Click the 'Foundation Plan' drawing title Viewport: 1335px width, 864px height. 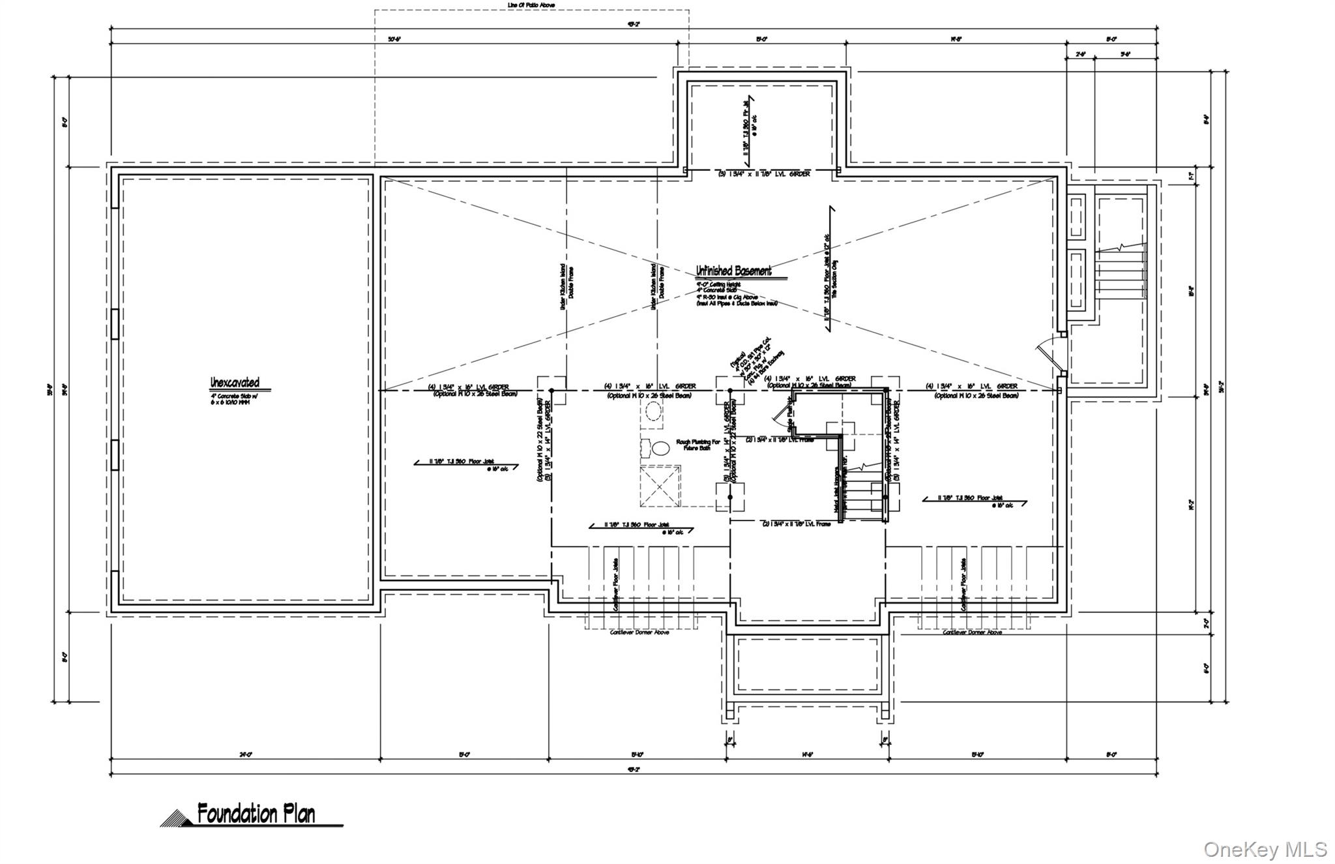pos(256,814)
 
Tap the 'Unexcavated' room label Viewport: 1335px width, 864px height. pos(235,383)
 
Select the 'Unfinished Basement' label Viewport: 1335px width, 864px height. pos(733,271)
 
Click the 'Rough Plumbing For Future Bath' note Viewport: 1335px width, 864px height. pos(697,445)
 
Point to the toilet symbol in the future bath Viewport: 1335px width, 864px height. pos(658,449)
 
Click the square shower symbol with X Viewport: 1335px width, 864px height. pos(660,485)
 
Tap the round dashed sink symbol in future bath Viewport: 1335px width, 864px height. pos(653,411)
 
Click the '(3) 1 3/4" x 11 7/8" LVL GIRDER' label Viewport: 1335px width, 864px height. pos(764,174)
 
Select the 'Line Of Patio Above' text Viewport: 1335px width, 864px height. pos(531,5)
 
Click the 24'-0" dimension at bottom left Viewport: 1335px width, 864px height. pos(245,754)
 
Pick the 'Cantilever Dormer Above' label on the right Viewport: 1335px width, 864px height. pos(972,633)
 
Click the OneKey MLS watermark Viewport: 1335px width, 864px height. pos(1265,849)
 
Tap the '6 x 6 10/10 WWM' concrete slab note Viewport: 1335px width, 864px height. pos(229,402)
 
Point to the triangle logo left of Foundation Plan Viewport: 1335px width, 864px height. pos(176,818)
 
